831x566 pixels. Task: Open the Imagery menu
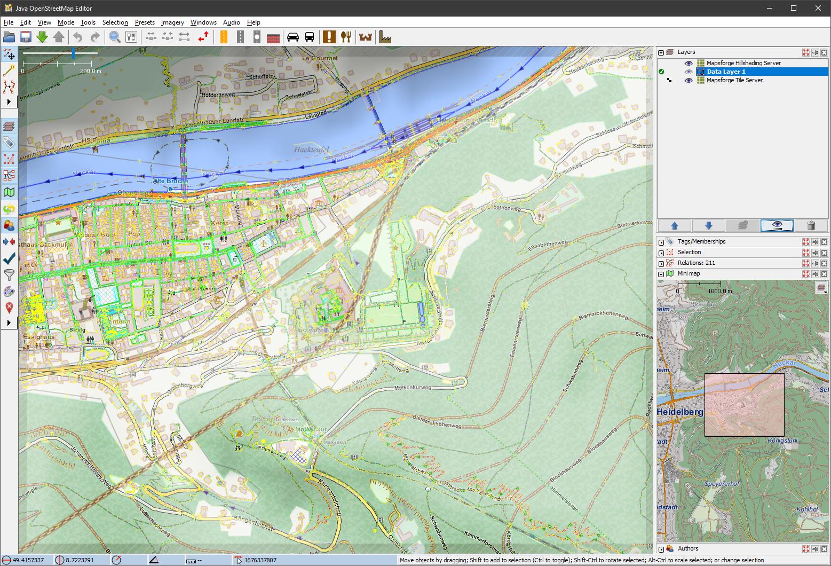click(172, 22)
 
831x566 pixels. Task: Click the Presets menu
click(145, 22)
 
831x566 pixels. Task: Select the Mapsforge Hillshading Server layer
click(743, 63)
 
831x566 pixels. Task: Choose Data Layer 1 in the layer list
click(726, 72)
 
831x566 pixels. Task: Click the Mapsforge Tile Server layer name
click(734, 80)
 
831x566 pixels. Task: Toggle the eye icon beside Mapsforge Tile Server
click(688, 80)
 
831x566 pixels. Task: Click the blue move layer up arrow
click(674, 225)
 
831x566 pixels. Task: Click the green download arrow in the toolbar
click(42, 37)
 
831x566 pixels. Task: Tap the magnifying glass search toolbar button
click(114, 37)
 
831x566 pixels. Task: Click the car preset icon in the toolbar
click(293, 37)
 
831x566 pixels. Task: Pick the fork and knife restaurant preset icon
click(346, 37)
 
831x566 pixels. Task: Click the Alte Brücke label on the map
click(170, 181)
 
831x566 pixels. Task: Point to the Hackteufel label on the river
click(311, 150)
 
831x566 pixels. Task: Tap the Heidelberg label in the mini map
click(679, 412)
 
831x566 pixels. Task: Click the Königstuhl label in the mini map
click(782, 441)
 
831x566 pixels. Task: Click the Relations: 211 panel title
click(696, 263)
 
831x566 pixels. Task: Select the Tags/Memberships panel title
click(701, 241)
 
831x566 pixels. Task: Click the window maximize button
click(794, 8)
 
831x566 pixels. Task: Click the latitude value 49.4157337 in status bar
click(28, 560)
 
